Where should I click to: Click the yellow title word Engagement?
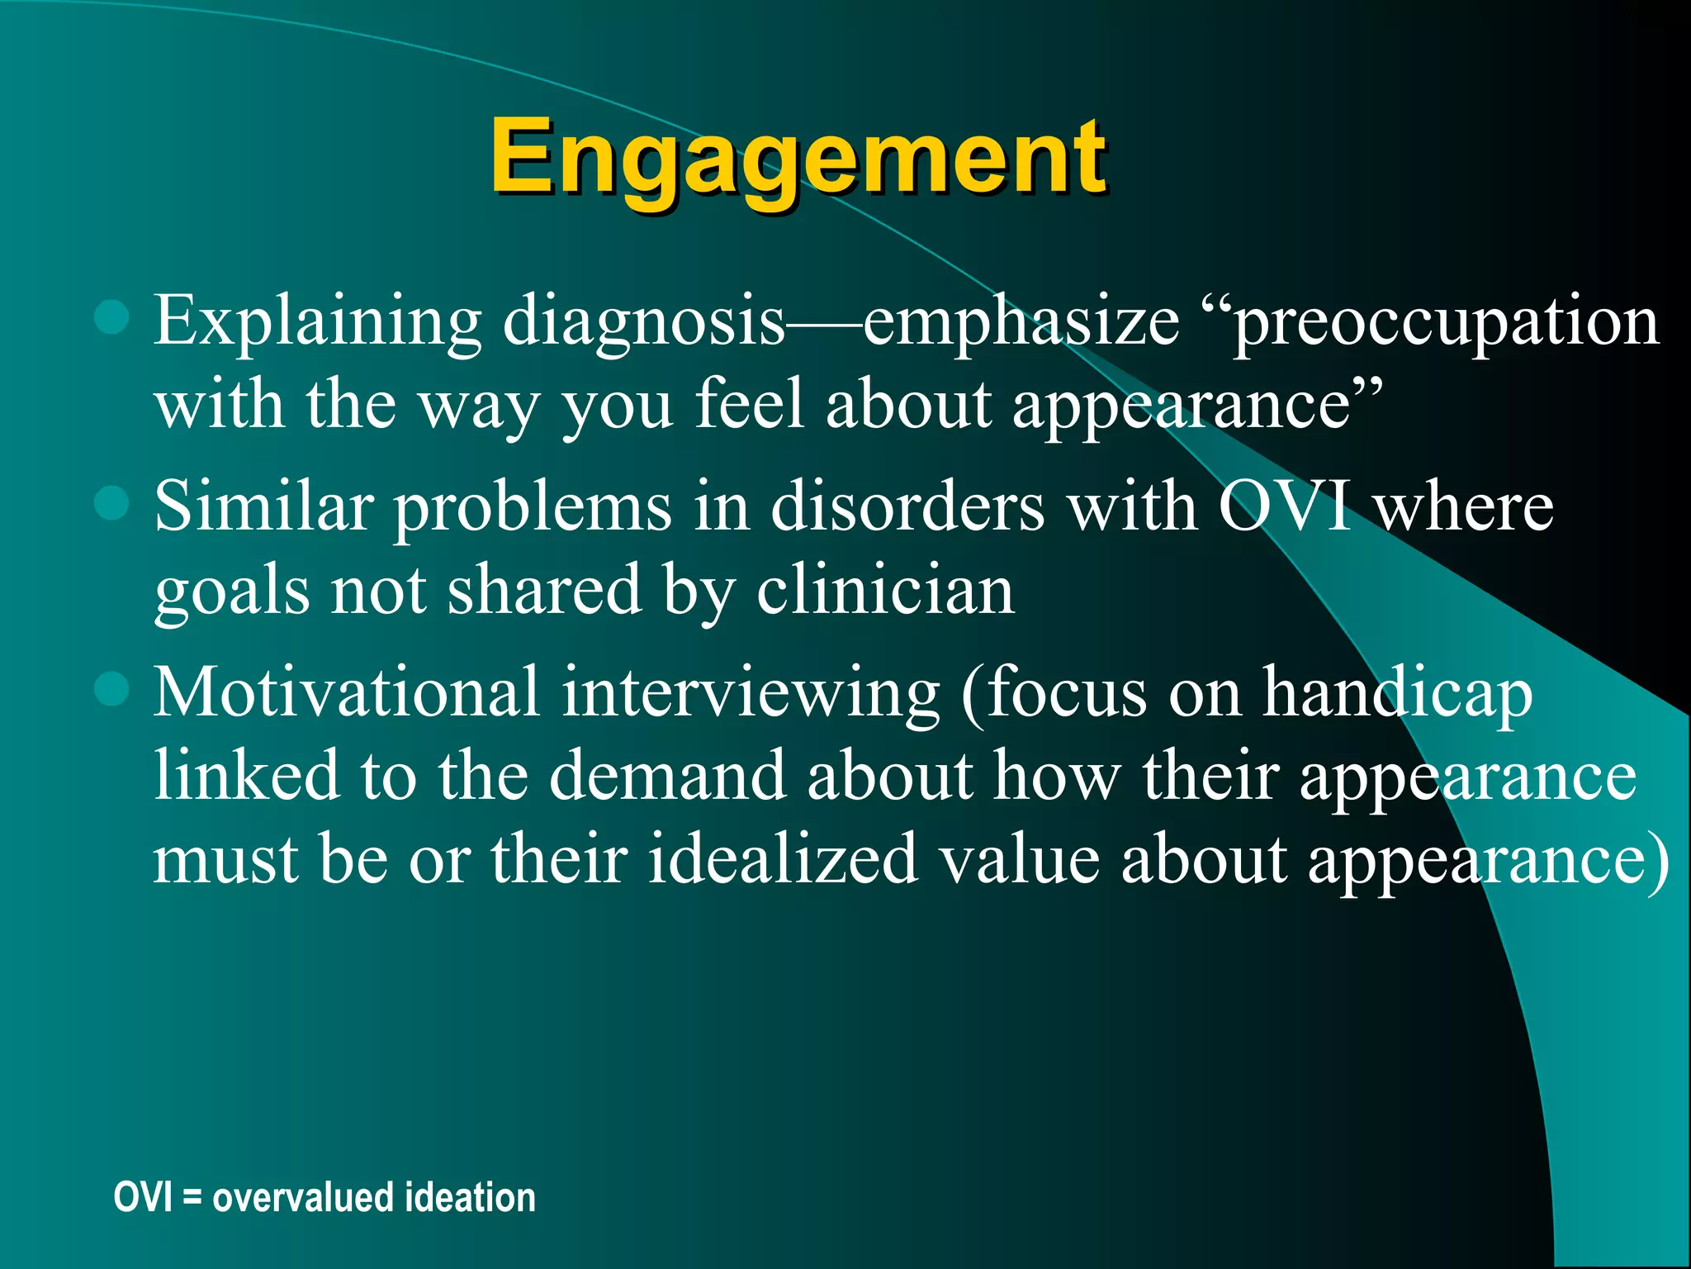pos(797,157)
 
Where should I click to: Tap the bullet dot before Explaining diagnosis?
pos(111,317)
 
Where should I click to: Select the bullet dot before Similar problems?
pos(111,502)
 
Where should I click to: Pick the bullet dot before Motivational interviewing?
pos(111,688)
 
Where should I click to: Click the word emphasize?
pos(1021,322)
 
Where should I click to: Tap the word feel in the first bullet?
pos(749,405)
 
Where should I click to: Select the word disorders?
pos(907,506)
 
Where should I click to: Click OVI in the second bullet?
pos(1286,506)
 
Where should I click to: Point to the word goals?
pos(232,593)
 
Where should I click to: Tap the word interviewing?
pos(751,694)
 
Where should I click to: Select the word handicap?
pos(1397,694)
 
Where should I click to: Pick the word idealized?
pos(783,860)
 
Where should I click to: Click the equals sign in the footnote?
pos(192,1199)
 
